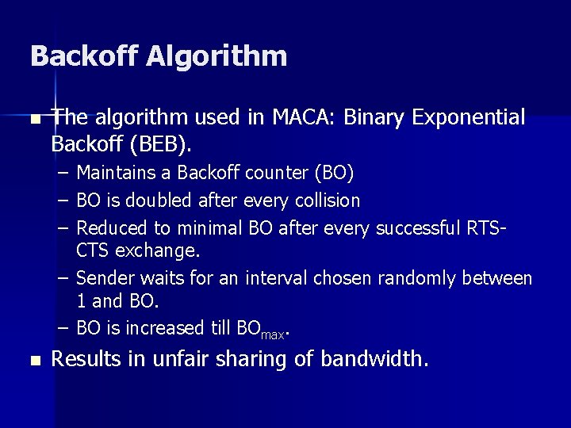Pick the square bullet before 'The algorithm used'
[33, 120]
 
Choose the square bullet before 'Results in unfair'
[33, 361]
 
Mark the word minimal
[209, 228]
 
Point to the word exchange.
[158, 251]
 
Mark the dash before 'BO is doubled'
[63, 201]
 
